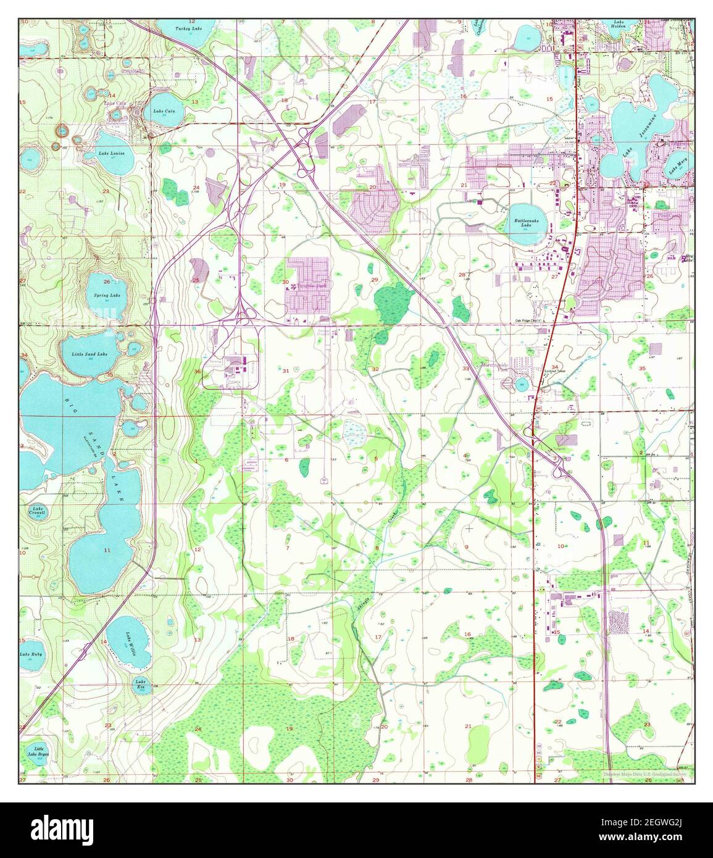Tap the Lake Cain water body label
(164, 111)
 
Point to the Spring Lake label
(107, 296)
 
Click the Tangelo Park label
(312, 286)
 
